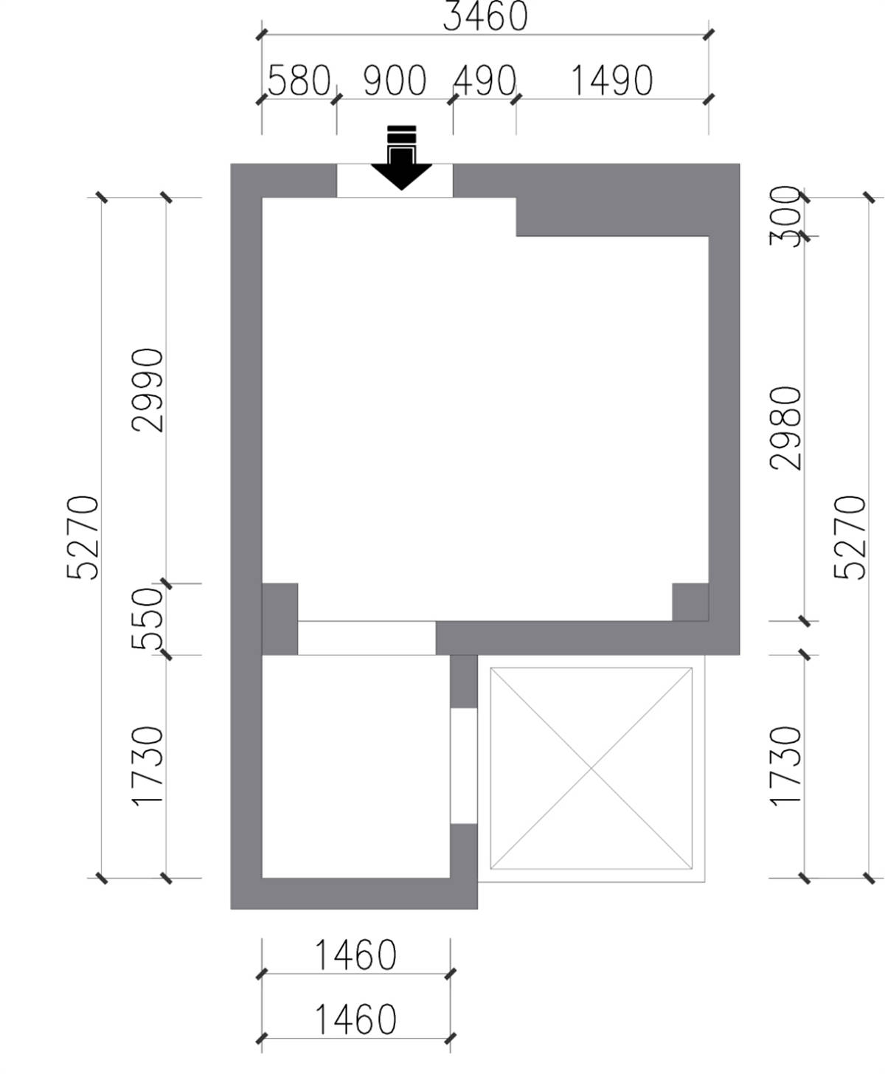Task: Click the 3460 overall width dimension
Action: [485, 16]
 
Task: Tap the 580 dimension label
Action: [299, 80]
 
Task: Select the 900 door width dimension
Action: [395, 80]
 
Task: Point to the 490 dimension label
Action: [485, 80]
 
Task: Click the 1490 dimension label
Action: [612, 80]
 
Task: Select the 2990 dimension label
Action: [148, 390]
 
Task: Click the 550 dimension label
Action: [148, 619]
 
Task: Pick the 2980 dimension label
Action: [785, 428]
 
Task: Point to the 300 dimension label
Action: [785, 216]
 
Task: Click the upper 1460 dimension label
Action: [355, 955]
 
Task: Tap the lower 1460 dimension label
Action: [355, 1020]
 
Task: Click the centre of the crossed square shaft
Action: [591, 769]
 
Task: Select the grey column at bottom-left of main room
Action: [280, 619]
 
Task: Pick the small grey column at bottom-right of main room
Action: [690, 602]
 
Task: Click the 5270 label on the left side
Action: [83, 538]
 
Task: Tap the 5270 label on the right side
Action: [850, 538]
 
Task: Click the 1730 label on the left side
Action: [148, 766]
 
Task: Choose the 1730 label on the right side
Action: [785, 766]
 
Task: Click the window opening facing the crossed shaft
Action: [463, 766]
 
